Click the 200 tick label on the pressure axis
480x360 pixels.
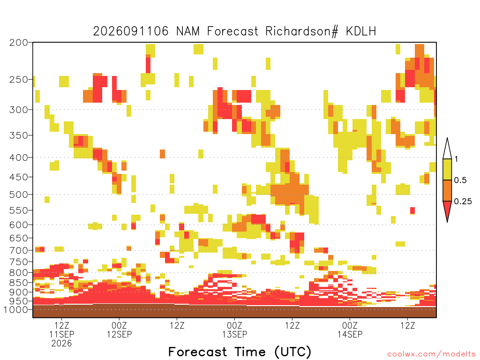19,43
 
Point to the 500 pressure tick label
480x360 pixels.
19,195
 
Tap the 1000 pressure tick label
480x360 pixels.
16,310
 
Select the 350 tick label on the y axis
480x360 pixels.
19,135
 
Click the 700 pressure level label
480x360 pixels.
19,251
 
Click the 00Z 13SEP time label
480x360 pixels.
234,330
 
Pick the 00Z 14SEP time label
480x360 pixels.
350,330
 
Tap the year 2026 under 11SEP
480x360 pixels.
61,344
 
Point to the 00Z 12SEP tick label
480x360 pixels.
119,330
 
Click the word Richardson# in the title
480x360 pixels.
302,31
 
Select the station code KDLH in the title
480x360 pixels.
361,31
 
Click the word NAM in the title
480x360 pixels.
187,31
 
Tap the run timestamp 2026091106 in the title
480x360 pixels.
131,31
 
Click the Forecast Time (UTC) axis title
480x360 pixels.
240,352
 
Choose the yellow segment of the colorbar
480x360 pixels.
447,169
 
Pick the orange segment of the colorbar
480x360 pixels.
447,190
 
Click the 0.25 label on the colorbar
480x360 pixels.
463,202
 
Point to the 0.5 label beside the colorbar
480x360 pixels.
460,180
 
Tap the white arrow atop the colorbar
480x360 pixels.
447,149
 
